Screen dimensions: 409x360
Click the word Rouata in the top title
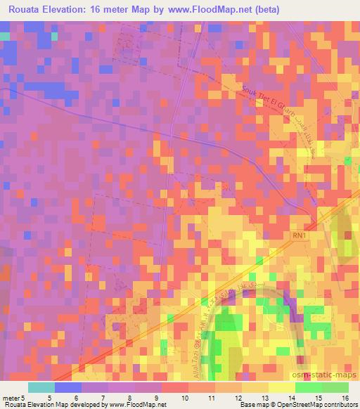[x=26, y=10]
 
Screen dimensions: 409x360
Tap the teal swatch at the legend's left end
[x=41, y=387]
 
